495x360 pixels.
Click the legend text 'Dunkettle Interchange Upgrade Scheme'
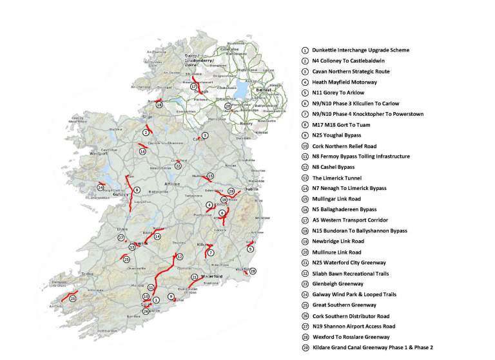point(360,50)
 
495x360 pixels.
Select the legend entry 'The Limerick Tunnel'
point(336,178)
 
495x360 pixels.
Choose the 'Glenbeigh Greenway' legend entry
point(338,284)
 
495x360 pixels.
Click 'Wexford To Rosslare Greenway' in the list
point(353,337)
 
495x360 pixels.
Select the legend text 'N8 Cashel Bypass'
point(333,167)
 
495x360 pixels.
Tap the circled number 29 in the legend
point(304,348)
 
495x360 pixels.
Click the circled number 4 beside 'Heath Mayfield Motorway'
point(304,82)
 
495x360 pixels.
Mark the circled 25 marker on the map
point(73,299)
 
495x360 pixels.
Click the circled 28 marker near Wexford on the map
point(253,271)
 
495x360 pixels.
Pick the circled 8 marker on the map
point(137,190)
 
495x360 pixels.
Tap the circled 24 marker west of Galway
point(100,187)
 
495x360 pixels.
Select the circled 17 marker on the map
point(193,86)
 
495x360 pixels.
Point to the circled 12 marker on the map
point(171,257)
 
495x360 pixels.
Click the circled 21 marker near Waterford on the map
point(193,277)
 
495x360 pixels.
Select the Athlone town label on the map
point(172,184)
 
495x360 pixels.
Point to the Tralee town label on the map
point(86,273)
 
